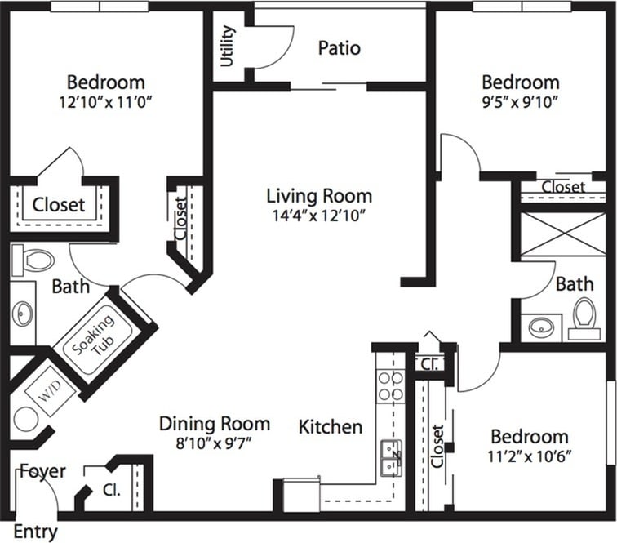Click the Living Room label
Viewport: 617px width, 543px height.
[x=319, y=196]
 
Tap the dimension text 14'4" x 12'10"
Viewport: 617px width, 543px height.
[x=319, y=216]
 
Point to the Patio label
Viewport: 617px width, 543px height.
[x=339, y=48]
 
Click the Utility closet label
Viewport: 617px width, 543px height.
[x=228, y=46]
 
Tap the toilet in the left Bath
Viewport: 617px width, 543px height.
[x=33, y=260]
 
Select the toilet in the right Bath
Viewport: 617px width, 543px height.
[x=583, y=318]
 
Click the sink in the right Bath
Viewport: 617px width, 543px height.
[x=540, y=327]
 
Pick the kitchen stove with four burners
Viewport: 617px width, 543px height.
[x=390, y=385]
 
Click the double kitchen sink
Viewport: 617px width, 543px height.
[x=391, y=457]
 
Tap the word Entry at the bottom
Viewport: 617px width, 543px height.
[x=36, y=532]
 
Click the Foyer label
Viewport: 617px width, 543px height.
[x=42, y=472]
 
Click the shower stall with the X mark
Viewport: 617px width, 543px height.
[x=563, y=233]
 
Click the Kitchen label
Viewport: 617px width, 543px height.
[x=330, y=427]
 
